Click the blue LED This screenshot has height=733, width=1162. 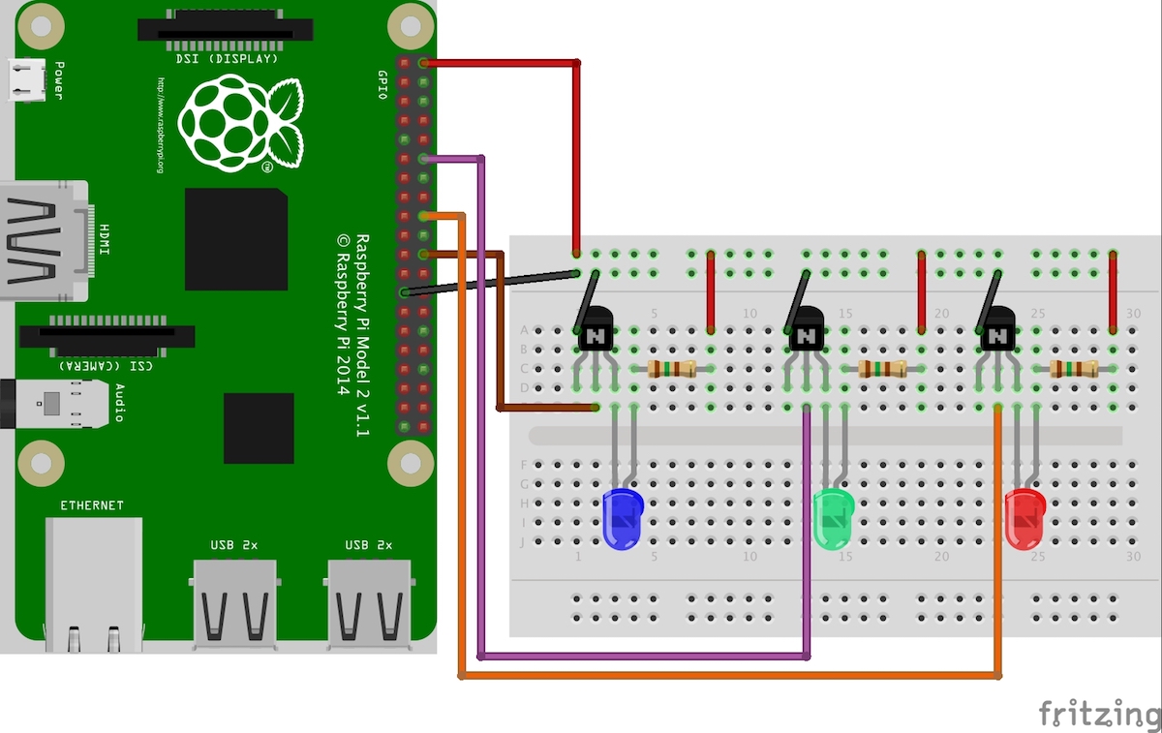[x=622, y=518]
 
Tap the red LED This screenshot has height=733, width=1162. [x=1024, y=518]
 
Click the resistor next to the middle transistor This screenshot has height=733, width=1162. [x=881, y=368]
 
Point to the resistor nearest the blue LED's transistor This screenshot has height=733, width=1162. [x=671, y=368]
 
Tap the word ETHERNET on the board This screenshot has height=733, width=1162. [x=92, y=505]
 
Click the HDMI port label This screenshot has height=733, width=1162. [x=104, y=240]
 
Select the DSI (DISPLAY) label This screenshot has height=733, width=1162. [x=227, y=59]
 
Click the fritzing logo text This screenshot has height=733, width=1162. [x=1099, y=714]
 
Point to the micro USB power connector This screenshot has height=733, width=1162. [x=26, y=80]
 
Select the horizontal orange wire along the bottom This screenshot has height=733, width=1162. [x=726, y=676]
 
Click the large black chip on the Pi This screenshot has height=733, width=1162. [x=236, y=239]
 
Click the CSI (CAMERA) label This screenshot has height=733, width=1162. [x=107, y=366]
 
